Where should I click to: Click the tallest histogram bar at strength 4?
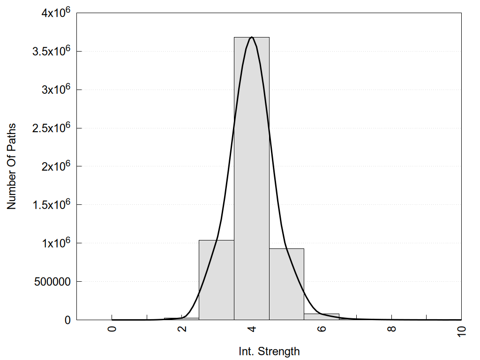coord(252,178)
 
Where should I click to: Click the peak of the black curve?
coord(252,37)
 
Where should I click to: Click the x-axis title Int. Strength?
coord(269,351)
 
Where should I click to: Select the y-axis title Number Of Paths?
coord(12,166)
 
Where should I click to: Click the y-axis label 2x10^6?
coord(54,166)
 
